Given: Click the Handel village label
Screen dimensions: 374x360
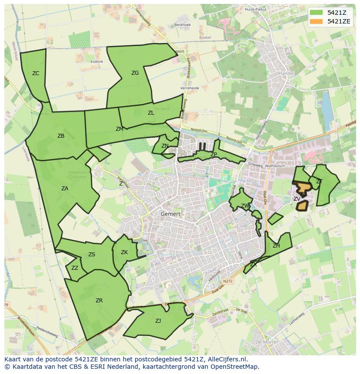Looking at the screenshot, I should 287,73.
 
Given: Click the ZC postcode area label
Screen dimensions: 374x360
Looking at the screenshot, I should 36,73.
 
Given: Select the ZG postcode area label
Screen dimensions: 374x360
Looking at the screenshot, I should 135,73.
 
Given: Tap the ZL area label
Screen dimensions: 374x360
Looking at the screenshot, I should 151,113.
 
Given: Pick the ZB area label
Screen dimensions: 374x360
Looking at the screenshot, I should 61,136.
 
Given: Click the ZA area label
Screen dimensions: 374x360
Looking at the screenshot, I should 65,189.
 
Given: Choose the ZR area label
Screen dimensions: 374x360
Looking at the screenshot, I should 99,301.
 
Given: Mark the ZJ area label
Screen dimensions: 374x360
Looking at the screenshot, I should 158,321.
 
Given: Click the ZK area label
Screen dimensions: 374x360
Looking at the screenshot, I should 124,252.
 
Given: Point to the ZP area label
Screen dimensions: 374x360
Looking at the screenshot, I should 213,155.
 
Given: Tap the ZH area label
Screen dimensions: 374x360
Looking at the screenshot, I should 276,246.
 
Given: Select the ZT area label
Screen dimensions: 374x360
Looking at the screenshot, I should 319,182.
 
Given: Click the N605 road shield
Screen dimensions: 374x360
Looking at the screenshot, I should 180,52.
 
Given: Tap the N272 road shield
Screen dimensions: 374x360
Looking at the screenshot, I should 228,282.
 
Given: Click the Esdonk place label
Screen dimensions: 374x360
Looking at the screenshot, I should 97,62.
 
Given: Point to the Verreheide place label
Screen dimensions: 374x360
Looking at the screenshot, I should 190,88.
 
